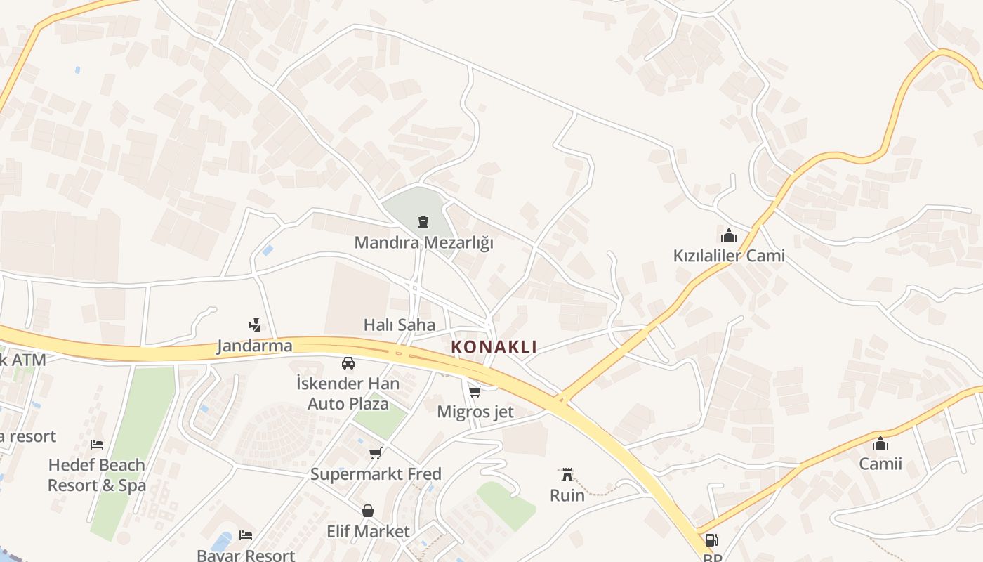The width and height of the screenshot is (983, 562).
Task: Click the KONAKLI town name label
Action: tap(494, 346)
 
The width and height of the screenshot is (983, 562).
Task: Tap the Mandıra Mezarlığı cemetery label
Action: tap(423, 243)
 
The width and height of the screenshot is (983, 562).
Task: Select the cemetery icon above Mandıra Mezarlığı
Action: tap(423, 223)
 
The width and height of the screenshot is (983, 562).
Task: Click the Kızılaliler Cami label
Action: tap(729, 256)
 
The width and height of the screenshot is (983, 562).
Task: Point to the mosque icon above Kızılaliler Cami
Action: tap(728, 235)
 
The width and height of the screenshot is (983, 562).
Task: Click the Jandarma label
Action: tap(254, 346)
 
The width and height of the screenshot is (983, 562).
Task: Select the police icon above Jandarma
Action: tap(254, 325)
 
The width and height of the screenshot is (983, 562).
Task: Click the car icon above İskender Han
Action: tap(348, 362)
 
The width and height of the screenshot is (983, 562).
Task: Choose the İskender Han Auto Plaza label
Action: tap(348, 393)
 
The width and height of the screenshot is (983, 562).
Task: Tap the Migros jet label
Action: tap(475, 412)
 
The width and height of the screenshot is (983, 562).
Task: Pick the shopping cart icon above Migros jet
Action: tap(475, 391)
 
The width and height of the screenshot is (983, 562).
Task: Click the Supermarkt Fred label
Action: tap(376, 474)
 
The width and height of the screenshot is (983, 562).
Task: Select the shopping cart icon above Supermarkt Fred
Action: tap(376, 453)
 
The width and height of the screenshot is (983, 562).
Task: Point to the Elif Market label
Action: tap(368, 531)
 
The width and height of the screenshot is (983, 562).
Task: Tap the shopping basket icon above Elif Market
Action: tap(367, 511)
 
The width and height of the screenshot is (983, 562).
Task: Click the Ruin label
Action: tap(567, 495)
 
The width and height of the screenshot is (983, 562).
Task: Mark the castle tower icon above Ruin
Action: tap(567, 475)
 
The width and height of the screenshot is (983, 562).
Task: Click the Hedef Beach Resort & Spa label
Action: tap(97, 475)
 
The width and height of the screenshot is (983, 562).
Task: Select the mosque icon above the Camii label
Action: tap(880, 443)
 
